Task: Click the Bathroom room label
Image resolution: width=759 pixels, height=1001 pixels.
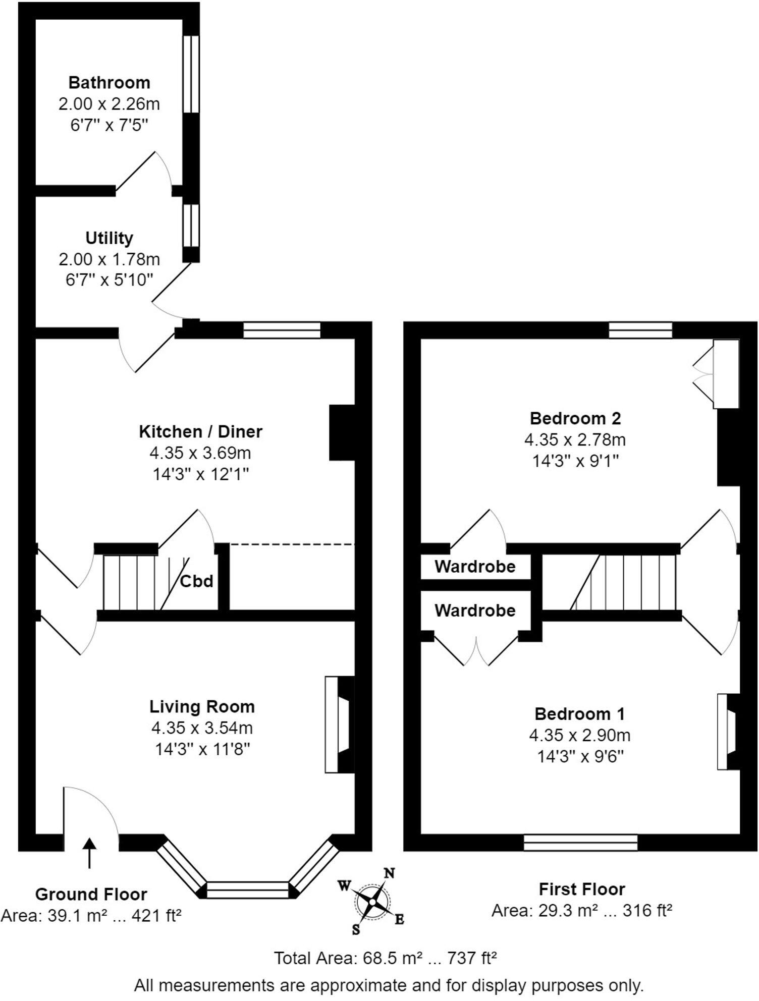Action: [109, 82]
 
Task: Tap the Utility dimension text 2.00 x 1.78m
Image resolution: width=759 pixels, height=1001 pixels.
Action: [109, 259]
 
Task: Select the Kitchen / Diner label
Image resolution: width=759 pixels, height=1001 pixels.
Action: [200, 431]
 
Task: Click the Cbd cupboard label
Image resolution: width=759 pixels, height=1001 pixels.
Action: [196, 581]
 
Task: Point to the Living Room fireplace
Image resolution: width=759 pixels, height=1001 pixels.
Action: [339, 725]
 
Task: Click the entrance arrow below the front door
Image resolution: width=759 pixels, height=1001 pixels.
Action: [89, 853]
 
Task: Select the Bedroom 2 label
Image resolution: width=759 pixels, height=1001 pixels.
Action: [575, 418]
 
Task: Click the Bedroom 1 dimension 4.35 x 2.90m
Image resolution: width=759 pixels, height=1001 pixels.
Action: [579, 735]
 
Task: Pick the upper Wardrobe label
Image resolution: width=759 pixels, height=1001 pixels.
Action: [474, 567]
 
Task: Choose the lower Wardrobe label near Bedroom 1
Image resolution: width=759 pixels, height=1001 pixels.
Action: [474, 610]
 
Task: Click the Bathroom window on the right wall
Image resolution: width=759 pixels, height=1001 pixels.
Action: [191, 74]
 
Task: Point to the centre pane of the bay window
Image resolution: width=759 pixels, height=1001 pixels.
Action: [247, 889]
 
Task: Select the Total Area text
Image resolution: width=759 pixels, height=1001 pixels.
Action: [385, 958]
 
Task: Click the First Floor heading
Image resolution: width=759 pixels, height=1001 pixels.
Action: [581, 889]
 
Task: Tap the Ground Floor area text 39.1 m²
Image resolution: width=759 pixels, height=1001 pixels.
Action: [91, 915]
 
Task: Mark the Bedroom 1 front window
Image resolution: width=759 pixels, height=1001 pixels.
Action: [580, 842]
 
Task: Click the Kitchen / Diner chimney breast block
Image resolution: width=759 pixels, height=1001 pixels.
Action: [342, 432]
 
